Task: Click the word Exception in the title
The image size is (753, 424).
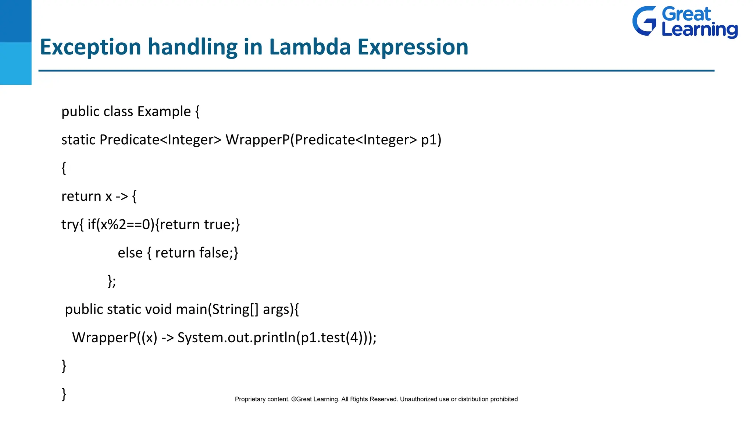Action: coord(90,47)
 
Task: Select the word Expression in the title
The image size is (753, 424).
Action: coord(413,47)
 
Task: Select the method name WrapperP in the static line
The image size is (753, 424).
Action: coord(257,140)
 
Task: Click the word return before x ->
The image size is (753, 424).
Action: coord(81,197)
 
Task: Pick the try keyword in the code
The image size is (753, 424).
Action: coord(70,225)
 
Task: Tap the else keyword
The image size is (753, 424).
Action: coord(130,253)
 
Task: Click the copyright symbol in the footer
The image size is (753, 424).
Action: coord(293,399)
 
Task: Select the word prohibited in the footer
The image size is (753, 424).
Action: coord(504,399)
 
